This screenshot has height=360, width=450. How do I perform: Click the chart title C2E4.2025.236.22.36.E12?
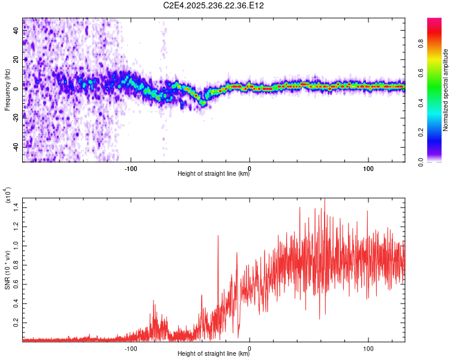[214, 5]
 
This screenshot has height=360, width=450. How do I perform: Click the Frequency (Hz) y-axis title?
[7, 90]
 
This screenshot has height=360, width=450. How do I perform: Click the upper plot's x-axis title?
[214, 174]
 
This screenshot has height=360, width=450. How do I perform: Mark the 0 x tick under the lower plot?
[250, 347]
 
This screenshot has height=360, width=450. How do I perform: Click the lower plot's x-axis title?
[214, 355]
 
